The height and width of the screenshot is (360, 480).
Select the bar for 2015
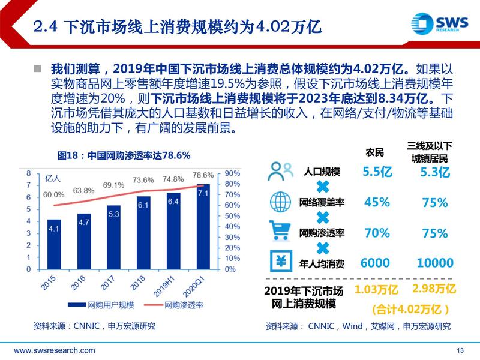point(54,244)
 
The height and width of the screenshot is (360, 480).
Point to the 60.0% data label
point(54,194)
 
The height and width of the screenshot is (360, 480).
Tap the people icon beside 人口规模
point(280,172)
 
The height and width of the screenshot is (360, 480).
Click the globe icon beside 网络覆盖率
point(280,202)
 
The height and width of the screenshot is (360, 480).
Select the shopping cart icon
point(280,232)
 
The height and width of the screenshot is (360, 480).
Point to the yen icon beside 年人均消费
point(280,262)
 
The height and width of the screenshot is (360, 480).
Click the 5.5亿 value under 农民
point(377,172)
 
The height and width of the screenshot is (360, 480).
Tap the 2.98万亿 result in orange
point(434,290)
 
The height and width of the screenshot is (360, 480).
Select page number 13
point(461,350)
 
